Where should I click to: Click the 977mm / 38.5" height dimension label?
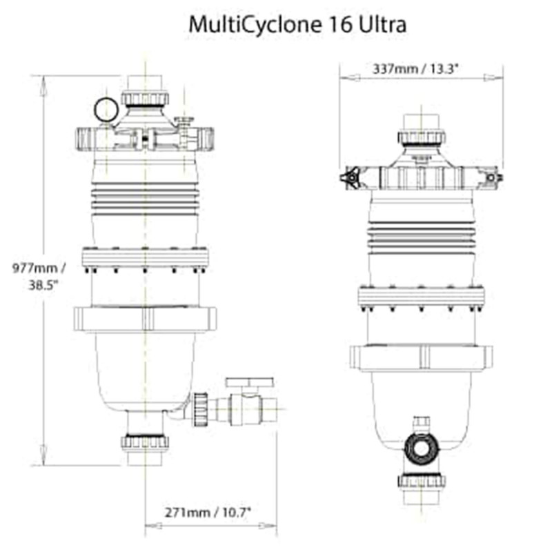[x=40, y=275]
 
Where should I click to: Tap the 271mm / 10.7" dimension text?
[x=208, y=512]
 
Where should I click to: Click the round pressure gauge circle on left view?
[x=106, y=110]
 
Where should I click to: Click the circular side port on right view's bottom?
[x=421, y=448]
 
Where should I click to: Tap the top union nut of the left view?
[x=145, y=99]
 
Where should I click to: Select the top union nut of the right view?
[x=421, y=137]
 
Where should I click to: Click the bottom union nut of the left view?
[x=145, y=442]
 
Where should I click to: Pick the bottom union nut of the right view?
[x=421, y=480]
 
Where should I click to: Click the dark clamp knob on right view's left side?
[x=350, y=179]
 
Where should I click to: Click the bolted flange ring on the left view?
[x=145, y=258]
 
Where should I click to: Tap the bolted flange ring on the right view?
[x=421, y=296]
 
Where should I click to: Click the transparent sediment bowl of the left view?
[x=145, y=369]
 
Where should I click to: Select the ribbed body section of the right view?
[x=421, y=235]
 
